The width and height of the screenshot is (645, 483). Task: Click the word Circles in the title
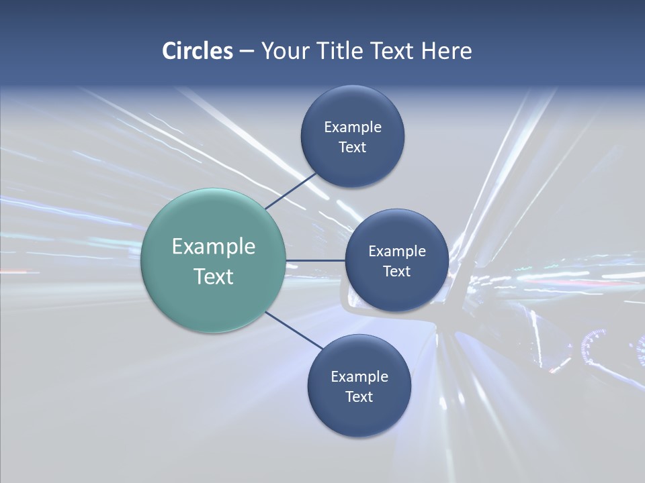point(197,51)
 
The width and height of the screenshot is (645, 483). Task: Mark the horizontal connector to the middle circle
point(315,260)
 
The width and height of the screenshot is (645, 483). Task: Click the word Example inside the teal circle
point(213,247)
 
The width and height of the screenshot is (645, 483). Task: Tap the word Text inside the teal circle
point(213,276)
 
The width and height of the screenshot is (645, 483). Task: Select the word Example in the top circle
point(352,127)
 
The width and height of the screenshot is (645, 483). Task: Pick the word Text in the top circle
point(352,147)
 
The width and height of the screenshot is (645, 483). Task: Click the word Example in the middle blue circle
point(396,251)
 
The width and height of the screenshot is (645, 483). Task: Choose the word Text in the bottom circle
point(359,396)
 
